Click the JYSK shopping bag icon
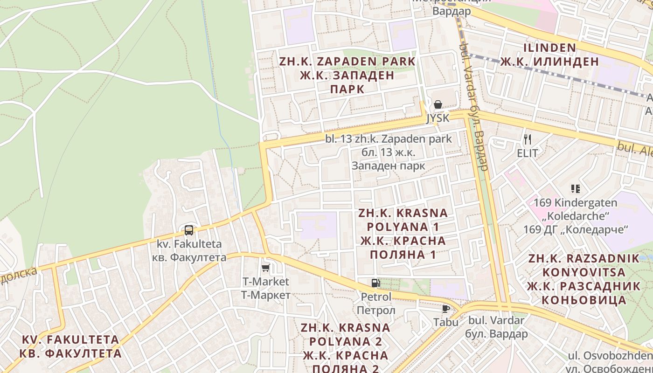[438, 105]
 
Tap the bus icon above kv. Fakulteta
[188, 230]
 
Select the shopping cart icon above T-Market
[265, 268]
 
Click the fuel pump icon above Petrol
[375, 283]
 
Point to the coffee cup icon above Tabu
[445, 309]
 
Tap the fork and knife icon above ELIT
[528, 139]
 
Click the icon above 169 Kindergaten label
[575, 189]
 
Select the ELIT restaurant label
[527, 153]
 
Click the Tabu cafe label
[445, 322]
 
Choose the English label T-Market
[265, 282]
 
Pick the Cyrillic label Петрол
[376, 311]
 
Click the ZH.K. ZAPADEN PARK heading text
[347, 61]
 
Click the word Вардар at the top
[452, 11]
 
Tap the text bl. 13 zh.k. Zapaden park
[389, 138]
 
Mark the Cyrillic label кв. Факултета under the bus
[189, 257]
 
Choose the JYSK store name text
[438, 118]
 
